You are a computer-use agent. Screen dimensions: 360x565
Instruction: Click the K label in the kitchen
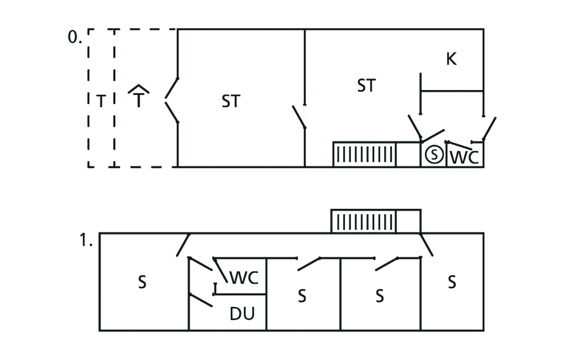click(x=451, y=60)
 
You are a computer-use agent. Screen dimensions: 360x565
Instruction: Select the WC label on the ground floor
click(x=464, y=157)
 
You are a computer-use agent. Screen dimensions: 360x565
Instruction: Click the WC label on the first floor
click(x=243, y=277)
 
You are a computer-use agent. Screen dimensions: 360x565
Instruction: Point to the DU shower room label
click(x=242, y=314)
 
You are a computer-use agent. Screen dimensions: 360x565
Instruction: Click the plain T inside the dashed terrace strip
click(x=101, y=102)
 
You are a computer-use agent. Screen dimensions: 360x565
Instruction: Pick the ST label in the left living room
click(x=231, y=102)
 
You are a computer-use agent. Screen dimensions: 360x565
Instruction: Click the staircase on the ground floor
click(x=364, y=154)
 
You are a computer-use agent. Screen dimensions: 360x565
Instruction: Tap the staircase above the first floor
click(x=364, y=221)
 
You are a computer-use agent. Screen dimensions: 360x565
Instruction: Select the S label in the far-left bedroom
click(x=142, y=283)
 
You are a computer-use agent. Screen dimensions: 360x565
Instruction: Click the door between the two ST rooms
click(x=299, y=115)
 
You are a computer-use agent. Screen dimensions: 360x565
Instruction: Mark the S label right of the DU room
click(x=301, y=296)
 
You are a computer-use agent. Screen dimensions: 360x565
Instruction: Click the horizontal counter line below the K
click(x=452, y=91)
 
